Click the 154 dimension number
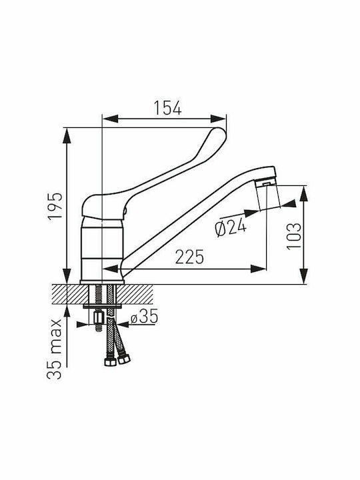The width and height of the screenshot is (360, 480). [x=167, y=108]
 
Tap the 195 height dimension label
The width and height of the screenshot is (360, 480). [x=55, y=206]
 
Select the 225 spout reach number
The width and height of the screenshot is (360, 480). [x=189, y=257]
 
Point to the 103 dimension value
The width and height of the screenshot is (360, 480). [x=294, y=236]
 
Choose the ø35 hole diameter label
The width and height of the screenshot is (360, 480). [x=144, y=316]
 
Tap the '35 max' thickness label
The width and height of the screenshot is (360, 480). [x=55, y=349]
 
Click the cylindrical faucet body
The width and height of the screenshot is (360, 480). [x=102, y=248]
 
